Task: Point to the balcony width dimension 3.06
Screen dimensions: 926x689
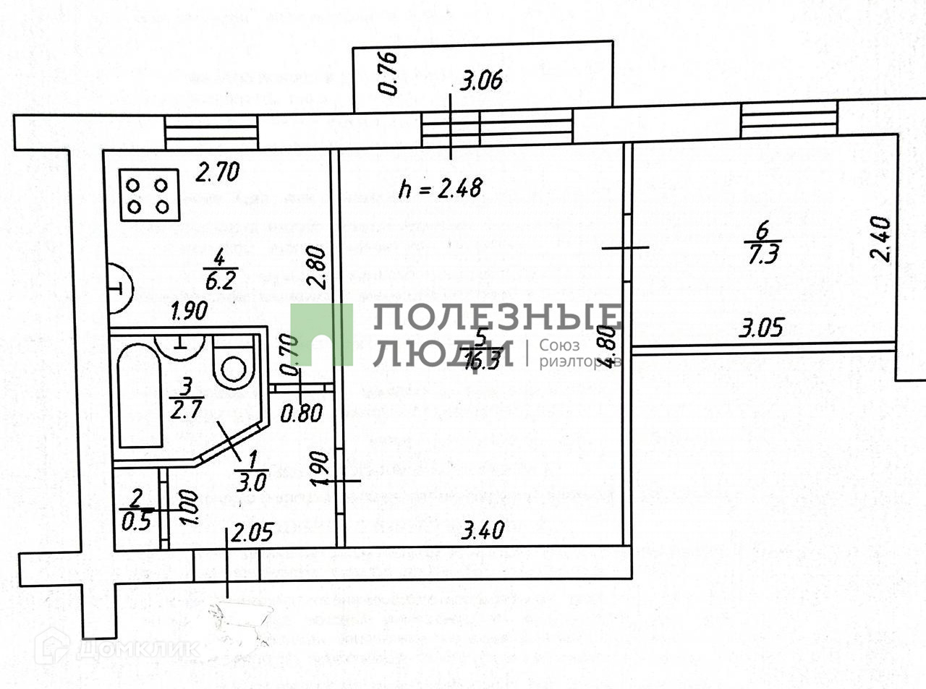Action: point(481,79)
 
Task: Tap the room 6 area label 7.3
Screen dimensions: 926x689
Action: point(763,254)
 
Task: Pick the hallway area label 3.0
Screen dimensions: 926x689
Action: point(252,481)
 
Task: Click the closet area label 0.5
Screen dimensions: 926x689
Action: point(135,521)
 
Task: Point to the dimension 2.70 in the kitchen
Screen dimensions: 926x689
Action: point(218,172)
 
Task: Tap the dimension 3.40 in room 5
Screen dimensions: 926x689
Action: point(483,531)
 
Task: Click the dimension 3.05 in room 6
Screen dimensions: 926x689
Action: point(761,329)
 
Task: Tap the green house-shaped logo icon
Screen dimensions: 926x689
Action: point(321,335)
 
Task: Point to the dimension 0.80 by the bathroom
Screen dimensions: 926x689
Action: point(301,414)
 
